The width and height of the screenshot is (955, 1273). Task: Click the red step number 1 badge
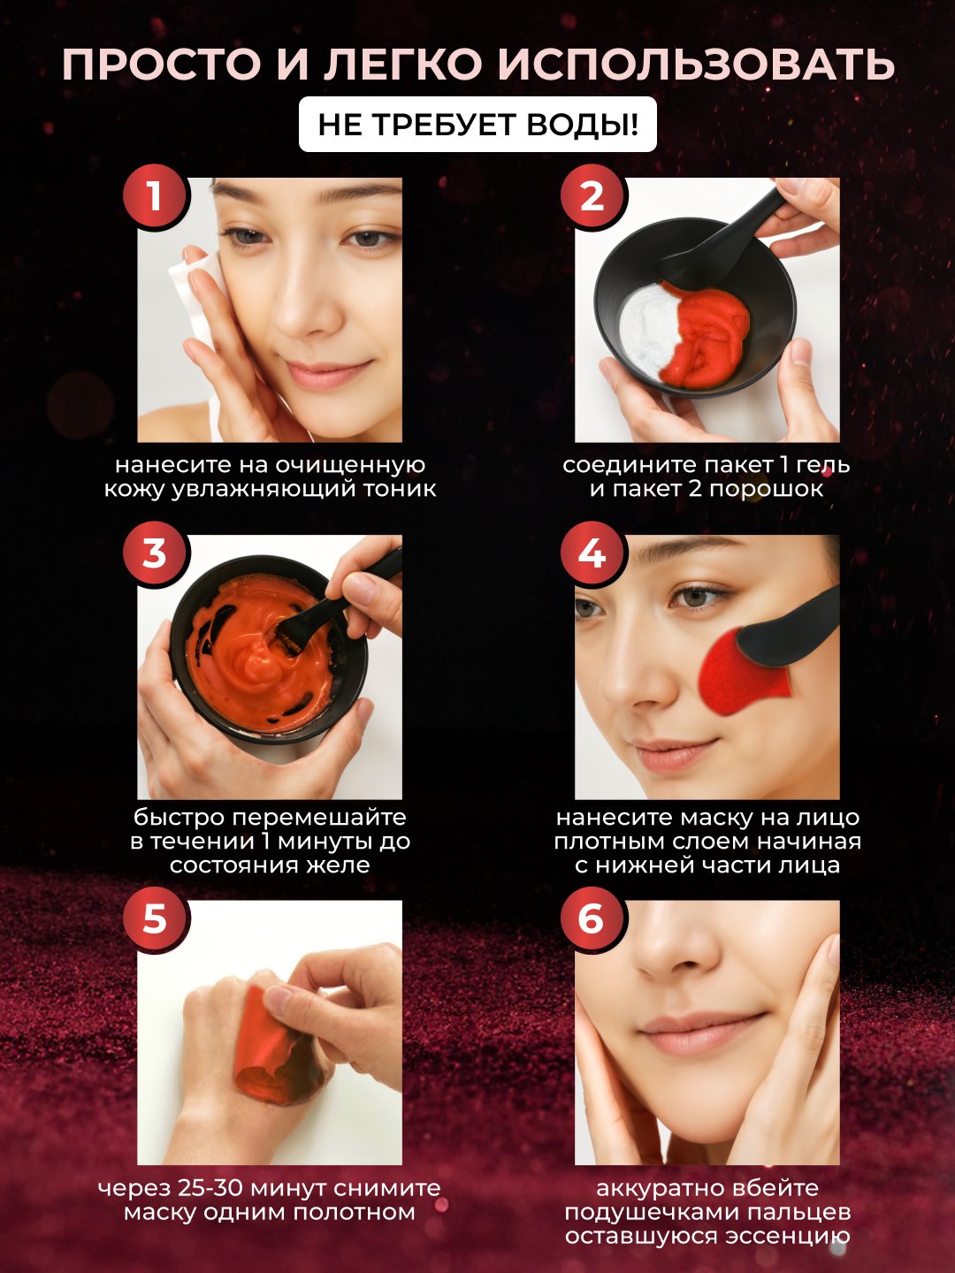(x=156, y=197)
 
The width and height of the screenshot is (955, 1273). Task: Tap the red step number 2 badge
(x=593, y=197)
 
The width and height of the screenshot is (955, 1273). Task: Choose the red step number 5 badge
(x=156, y=919)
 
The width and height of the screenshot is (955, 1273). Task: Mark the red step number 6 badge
(x=593, y=919)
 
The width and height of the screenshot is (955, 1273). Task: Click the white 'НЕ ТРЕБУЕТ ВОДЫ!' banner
(x=477, y=126)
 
